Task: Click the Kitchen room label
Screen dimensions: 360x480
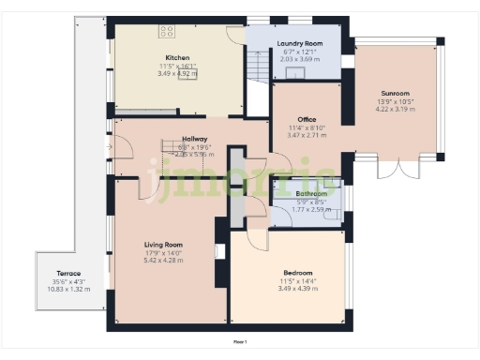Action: (177, 57)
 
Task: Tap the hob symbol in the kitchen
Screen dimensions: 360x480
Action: (167, 31)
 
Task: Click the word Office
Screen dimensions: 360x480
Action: (306, 119)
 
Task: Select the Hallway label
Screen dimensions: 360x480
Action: (194, 139)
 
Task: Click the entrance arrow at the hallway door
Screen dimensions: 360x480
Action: (110, 147)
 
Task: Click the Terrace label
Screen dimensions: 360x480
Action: (68, 273)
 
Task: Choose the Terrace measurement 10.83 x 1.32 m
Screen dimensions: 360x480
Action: (68, 290)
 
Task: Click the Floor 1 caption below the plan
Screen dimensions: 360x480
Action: (240, 342)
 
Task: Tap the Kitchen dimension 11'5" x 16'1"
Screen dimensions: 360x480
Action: (177, 66)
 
